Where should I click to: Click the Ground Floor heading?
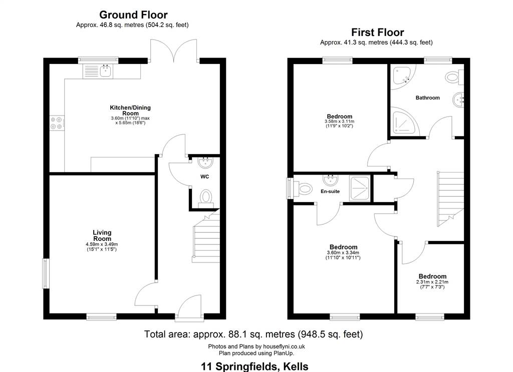coord(133,14)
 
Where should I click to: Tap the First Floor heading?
coord(377,32)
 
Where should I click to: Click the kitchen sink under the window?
coord(97,71)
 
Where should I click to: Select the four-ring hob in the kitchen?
coord(57,123)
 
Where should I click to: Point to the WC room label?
coord(204,176)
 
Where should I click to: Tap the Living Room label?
coord(102,235)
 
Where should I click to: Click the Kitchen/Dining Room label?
coord(130,110)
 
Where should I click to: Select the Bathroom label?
coord(428,97)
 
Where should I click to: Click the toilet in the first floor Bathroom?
coord(454,77)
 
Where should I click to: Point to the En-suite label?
coord(330,191)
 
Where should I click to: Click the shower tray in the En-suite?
coord(360,188)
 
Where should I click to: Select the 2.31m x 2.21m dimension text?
coord(432,282)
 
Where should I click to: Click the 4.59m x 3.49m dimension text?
coord(102,244)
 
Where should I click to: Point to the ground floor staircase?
coord(206,236)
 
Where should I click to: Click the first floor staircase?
coord(450,198)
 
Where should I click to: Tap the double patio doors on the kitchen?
coord(174,50)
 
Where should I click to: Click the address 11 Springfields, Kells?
coord(254,366)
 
